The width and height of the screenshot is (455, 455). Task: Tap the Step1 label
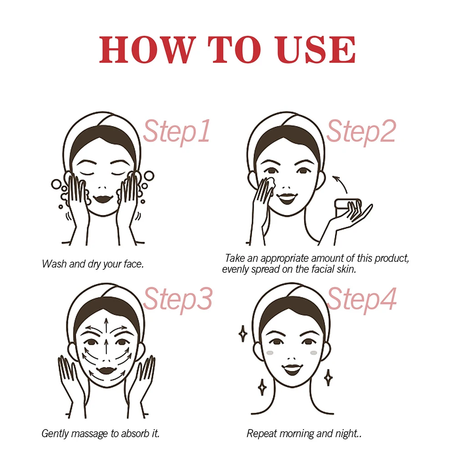pos(177,131)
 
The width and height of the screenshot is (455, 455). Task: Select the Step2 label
pos(361,131)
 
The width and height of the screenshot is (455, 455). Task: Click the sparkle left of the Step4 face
pos(243,334)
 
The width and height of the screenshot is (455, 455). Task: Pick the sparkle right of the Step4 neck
pos(327,377)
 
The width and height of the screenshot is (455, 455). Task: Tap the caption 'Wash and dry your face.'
pos(93,264)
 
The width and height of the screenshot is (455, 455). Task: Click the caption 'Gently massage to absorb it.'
pos(101,434)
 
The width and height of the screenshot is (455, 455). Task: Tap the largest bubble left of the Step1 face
pos(56,184)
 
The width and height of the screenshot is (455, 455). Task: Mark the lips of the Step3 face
pos(107,364)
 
